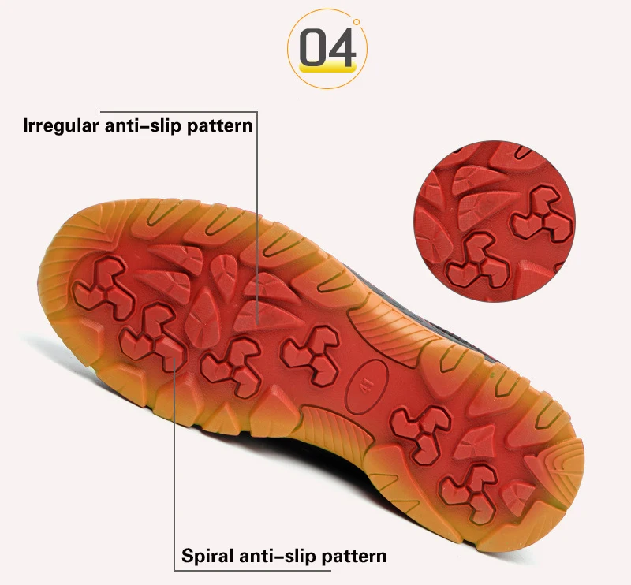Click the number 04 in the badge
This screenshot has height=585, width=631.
tap(327, 48)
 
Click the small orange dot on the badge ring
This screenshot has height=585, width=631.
tap(357, 21)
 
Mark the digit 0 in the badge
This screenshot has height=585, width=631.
tap(314, 48)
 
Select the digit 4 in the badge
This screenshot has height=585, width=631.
tap(342, 48)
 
